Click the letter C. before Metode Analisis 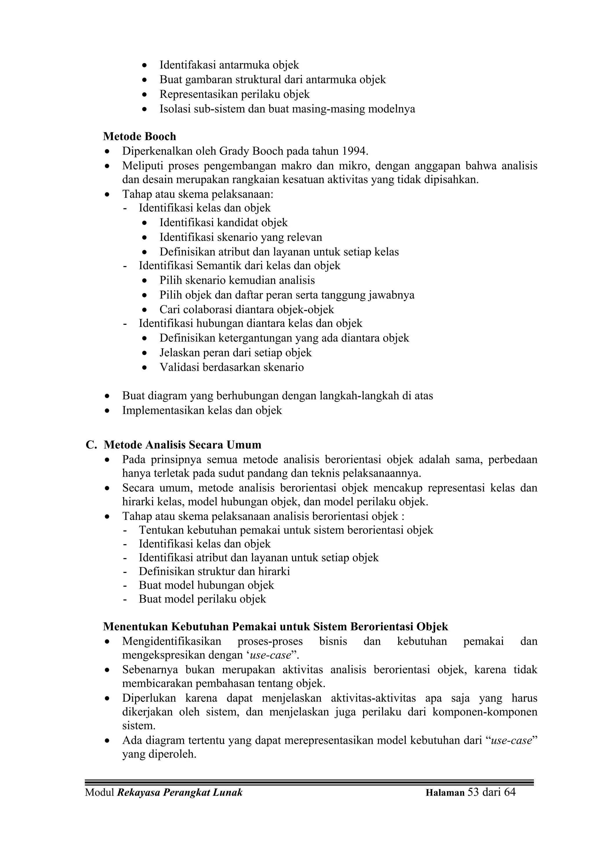[x=91, y=445]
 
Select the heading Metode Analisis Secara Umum [x=183, y=445]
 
